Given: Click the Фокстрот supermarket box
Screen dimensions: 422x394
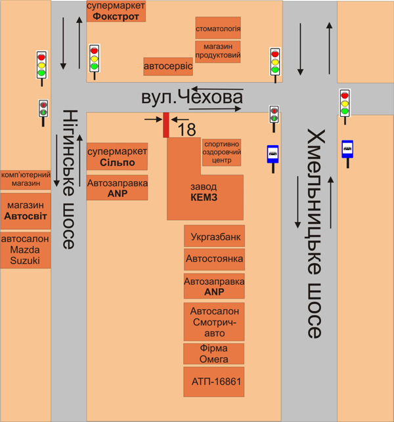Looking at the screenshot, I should [x=116, y=12].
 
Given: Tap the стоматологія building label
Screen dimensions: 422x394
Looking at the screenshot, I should [x=218, y=29].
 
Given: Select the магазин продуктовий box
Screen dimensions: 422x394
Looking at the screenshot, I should [x=218, y=51].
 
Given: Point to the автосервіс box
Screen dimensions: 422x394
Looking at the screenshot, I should [x=168, y=66].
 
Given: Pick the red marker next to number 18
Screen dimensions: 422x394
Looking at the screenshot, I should [x=166, y=125].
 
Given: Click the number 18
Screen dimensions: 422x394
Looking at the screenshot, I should [x=186, y=129].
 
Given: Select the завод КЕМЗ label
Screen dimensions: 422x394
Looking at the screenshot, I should [x=204, y=192].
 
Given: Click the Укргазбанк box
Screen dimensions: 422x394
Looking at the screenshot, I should [x=214, y=236].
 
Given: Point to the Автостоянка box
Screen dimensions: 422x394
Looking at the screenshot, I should [x=214, y=259].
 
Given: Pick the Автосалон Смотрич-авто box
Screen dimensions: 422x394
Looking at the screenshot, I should [x=214, y=322].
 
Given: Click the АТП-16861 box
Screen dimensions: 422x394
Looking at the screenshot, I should [x=214, y=381].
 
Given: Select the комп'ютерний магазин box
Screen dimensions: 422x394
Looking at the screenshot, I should [x=26, y=179].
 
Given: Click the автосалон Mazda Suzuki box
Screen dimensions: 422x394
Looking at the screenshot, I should [x=26, y=250].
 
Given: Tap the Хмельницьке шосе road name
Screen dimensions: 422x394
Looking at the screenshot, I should [x=315, y=234].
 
